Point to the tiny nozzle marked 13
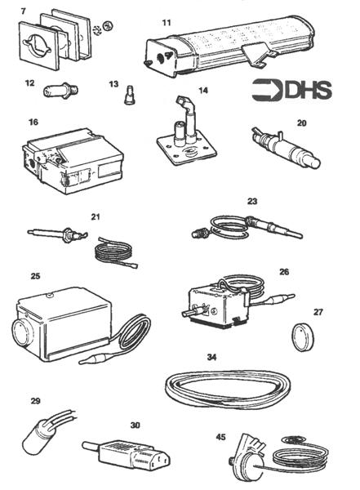127,97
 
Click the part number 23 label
251,199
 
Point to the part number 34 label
212,357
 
